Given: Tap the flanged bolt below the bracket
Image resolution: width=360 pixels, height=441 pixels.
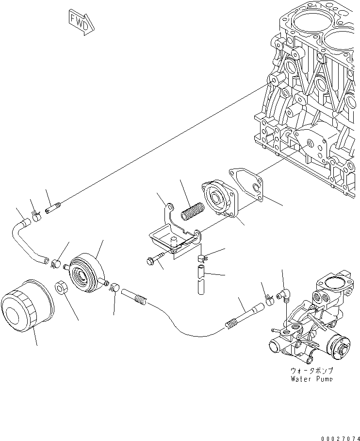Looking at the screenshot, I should click(152, 261).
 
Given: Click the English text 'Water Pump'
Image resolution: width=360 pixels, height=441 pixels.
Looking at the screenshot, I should click(311, 378).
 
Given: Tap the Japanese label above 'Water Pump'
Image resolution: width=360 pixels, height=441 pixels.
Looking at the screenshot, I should click(311, 370).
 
